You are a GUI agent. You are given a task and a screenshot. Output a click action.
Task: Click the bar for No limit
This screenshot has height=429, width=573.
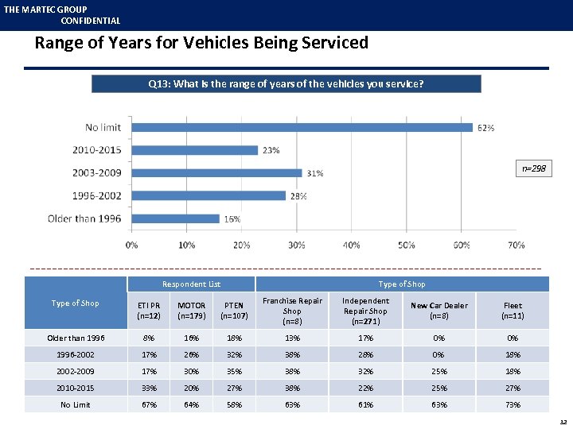pyautogui.click(x=302, y=127)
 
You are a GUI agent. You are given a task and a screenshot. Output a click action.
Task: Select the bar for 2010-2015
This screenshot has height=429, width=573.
pyautogui.click(x=194, y=149)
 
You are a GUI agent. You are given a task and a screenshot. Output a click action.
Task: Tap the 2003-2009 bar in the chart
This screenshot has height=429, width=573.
pyautogui.click(x=216, y=172)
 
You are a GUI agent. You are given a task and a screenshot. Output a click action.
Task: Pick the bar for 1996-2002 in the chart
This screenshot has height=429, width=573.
pyautogui.click(x=209, y=195)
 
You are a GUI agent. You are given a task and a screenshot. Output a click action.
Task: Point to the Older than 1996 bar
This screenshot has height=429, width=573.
pyautogui.click(x=175, y=218)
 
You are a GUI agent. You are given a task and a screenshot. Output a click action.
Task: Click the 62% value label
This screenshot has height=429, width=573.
pyautogui.click(x=486, y=127)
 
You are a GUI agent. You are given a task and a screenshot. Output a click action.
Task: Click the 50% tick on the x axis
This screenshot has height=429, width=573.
pyautogui.click(x=406, y=245)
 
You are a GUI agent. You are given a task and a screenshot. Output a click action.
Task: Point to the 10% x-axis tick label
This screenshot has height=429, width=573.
pyautogui.click(x=186, y=245)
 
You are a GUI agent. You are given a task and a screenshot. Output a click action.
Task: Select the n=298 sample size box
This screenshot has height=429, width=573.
pyautogui.click(x=533, y=168)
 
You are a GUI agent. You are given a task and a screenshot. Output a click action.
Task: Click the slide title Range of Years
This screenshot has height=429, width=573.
pyautogui.click(x=201, y=43)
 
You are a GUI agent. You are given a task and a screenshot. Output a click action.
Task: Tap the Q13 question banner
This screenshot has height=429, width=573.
pyautogui.click(x=286, y=83)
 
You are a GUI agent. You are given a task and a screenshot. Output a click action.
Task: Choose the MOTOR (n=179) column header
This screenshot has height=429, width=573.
pyautogui.click(x=191, y=311)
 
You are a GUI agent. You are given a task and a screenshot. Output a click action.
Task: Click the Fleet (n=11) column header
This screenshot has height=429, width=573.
pyautogui.click(x=513, y=311)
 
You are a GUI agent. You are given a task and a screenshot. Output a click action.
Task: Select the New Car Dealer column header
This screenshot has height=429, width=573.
pyautogui.click(x=439, y=311)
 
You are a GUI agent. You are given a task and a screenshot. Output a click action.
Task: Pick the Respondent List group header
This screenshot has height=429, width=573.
pyautogui.click(x=191, y=284)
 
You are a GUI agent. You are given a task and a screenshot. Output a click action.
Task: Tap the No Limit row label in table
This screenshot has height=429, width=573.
pyautogui.click(x=76, y=404)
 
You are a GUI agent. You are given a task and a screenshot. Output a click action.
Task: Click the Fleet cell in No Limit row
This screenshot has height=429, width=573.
pyautogui.click(x=513, y=404)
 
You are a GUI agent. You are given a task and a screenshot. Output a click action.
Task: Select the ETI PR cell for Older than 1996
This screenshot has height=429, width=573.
pyautogui.click(x=149, y=338)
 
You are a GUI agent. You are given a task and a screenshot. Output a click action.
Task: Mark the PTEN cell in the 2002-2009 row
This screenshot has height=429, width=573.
pyautogui.click(x=233, y=371)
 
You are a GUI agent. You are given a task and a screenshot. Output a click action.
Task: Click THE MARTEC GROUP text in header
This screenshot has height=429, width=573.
pyautogui.click(x=45, y=10)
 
